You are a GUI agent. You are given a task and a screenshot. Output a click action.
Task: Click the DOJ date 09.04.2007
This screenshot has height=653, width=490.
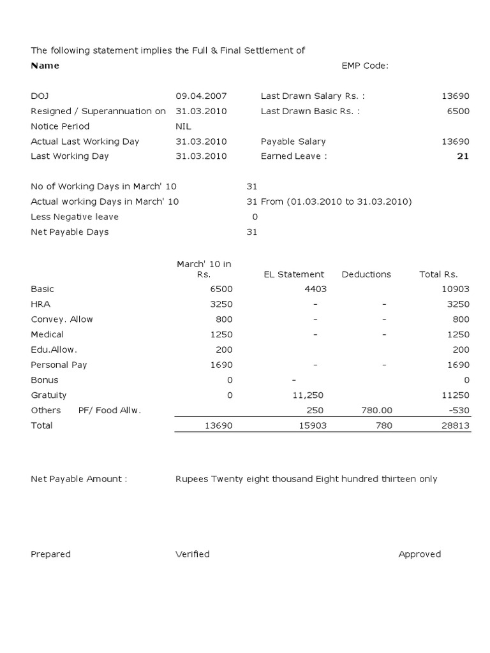201,96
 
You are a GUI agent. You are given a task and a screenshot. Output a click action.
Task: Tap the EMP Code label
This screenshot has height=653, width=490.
364,66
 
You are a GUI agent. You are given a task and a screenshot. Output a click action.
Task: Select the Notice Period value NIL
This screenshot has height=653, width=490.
183,126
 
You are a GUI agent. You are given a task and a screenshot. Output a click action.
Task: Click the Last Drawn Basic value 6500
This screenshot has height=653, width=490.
458,111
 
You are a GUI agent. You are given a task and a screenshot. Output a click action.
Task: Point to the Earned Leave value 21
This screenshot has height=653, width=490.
463,156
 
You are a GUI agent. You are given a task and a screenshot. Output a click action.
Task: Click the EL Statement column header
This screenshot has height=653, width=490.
294,274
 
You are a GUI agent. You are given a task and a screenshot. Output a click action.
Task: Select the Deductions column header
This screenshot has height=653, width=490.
366,274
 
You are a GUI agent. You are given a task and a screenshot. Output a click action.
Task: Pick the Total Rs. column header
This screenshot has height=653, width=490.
438,274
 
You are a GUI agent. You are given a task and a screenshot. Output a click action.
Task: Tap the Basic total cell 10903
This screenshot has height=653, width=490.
456,289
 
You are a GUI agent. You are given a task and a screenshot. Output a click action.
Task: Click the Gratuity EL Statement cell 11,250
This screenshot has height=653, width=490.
309,395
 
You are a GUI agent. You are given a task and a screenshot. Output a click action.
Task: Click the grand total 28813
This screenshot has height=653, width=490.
456,425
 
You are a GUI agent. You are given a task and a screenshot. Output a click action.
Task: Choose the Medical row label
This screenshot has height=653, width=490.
47,334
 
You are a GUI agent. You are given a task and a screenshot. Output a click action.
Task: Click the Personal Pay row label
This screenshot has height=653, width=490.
59,365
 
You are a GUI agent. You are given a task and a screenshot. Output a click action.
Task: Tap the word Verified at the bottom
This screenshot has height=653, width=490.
192,554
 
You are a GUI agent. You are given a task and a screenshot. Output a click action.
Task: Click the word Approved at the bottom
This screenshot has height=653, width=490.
420,554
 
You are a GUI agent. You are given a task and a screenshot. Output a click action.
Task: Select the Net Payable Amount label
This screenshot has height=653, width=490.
79,479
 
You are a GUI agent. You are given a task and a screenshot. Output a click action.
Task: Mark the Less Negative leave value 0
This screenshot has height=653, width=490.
255,217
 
